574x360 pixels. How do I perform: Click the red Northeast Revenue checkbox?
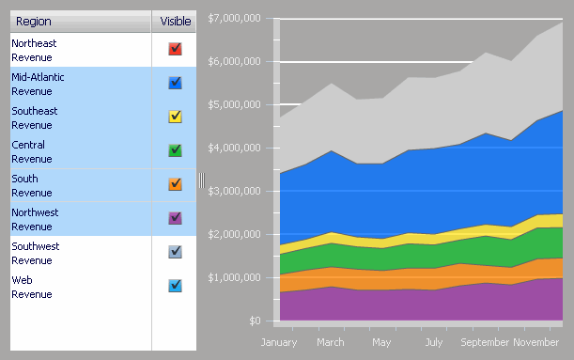point(175,49)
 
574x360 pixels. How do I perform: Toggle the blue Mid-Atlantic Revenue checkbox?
point(175,83)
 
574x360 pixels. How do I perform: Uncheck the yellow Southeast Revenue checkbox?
point(175,117)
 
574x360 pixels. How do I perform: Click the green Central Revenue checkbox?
point(175,150)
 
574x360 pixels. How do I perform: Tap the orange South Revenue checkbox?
point(175,184)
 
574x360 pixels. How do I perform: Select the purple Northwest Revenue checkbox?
point(175,218)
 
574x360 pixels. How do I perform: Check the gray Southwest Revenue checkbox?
point(175,252)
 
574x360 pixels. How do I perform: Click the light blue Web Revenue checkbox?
point(175,286)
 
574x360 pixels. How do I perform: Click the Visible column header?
point(175,21)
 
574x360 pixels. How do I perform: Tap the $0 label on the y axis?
point(254,321)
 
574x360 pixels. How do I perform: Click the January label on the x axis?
point(279,342)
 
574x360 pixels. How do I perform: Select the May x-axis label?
point(381,342)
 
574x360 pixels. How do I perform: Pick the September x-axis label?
point(485,342)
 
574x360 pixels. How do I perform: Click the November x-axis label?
point(536,342)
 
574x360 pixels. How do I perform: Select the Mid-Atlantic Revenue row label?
point(38,84)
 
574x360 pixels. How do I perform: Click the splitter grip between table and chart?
point(201,180)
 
